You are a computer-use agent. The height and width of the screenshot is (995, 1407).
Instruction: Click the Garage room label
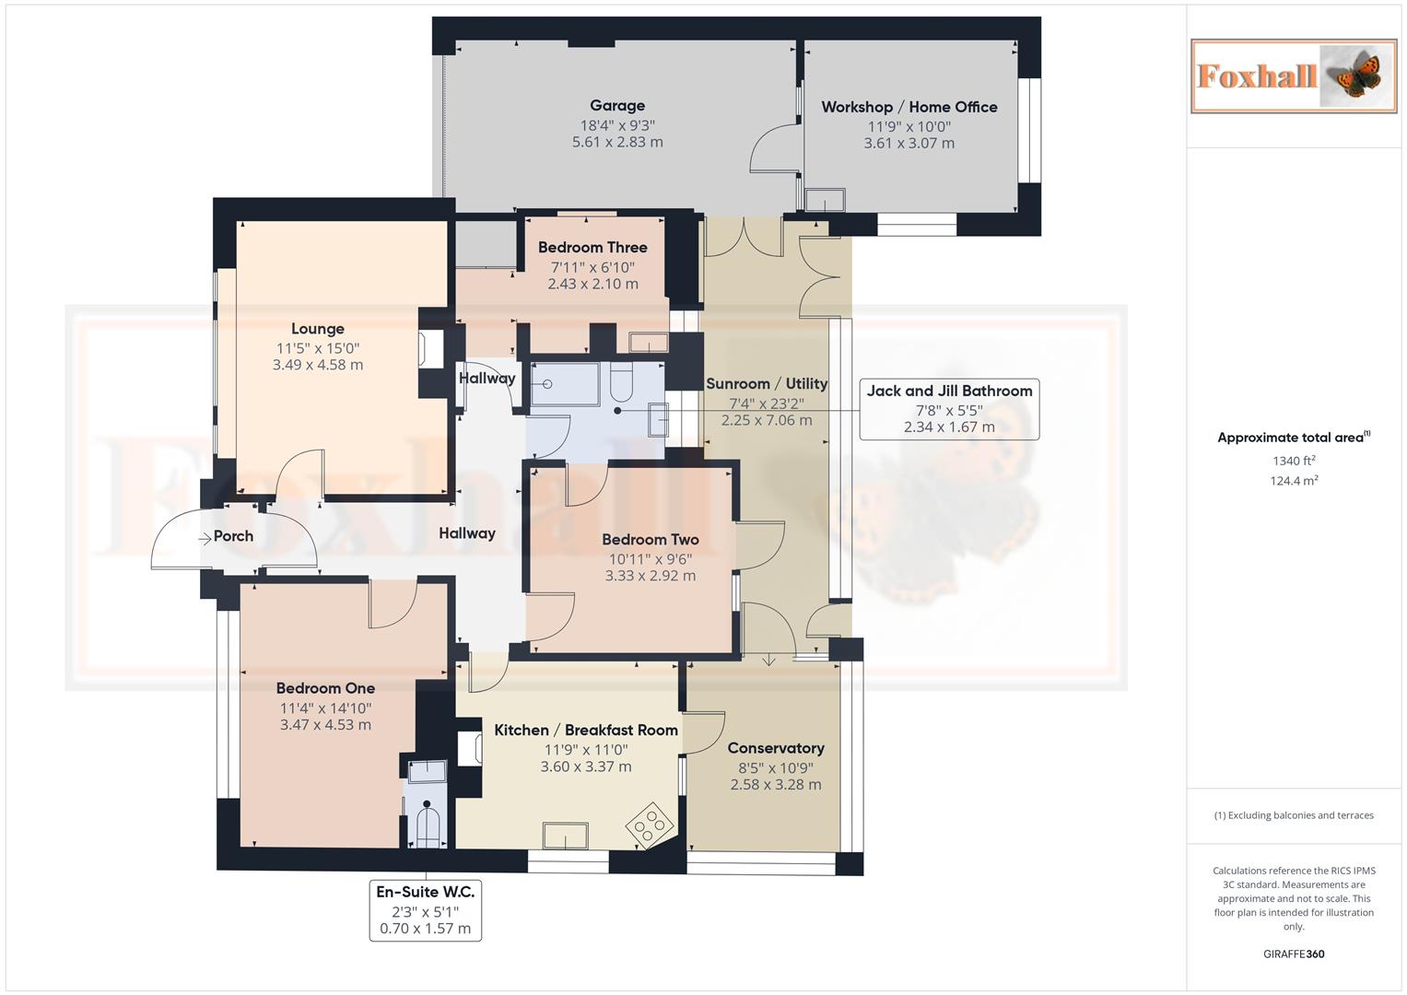pyautogui.click(x=617, y=106)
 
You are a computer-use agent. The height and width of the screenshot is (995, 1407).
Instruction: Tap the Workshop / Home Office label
pyautogui.click(x=909, y=107)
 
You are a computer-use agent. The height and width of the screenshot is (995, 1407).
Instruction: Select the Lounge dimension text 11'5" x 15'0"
pyautogui.click(x=318, y=348)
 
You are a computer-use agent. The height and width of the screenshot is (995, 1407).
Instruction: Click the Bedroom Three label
pyautogui.click(x=592, y=247)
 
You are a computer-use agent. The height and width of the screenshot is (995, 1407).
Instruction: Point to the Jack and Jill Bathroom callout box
pyautogui.click(x=949, y=409)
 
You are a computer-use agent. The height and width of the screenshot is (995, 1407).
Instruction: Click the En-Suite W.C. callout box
pyautogui.click(x=425, y=910)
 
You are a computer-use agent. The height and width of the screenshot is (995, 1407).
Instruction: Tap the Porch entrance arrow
pyautogui.click(x=205, y=538)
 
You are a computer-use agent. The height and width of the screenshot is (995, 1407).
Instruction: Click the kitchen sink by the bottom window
pyautogui.click(x=565, y=835)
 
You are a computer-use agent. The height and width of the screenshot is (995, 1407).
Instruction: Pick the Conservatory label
pyautogui.click(x=775, y=748)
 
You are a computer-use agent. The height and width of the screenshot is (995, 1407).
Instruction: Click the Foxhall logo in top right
pyautogui.click(x=1294, y=76)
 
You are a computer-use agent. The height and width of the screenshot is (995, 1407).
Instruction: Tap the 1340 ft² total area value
pyautogui.click(x=1294, y=461)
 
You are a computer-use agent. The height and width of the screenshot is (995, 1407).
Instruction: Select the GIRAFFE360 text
pyautogui.click(x=1294, y=954)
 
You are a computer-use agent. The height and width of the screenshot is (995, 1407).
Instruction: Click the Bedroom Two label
pyautogui.click(x=650, y=540)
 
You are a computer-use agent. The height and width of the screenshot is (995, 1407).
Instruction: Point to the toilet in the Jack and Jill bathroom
pyautogui.click(x=621, y=383)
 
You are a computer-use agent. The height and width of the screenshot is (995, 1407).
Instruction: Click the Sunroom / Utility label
pyautogui.click(x=767, y=383)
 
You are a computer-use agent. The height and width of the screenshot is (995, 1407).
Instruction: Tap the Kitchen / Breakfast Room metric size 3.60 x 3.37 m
pyautogui.click(x=586, y=767)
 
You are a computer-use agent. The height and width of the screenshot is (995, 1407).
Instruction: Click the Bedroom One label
pyautogui.click(x=325, y=688)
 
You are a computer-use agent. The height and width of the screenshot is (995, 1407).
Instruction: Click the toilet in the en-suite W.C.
pyautogui.click(x=427, y=823)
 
